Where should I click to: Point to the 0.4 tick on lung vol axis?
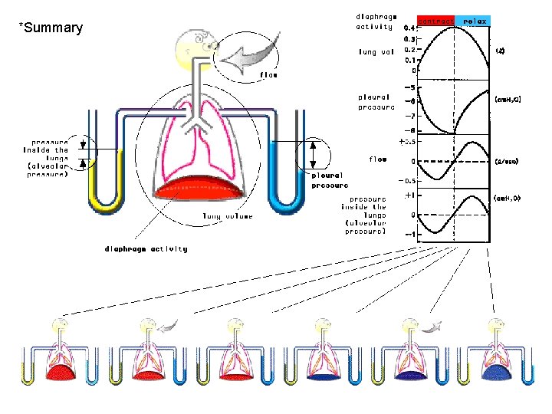pyautogui.click(x=410, y=28)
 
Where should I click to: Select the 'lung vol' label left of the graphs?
pyautogui.click(x=376, y=52)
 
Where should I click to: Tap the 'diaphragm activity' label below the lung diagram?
pyautogui.click(x=146, y=248)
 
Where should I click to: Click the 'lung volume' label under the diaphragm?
pyautogui.click(x=228, y=216)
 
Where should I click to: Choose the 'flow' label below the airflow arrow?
pyautogui.click(x=268, y=75)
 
